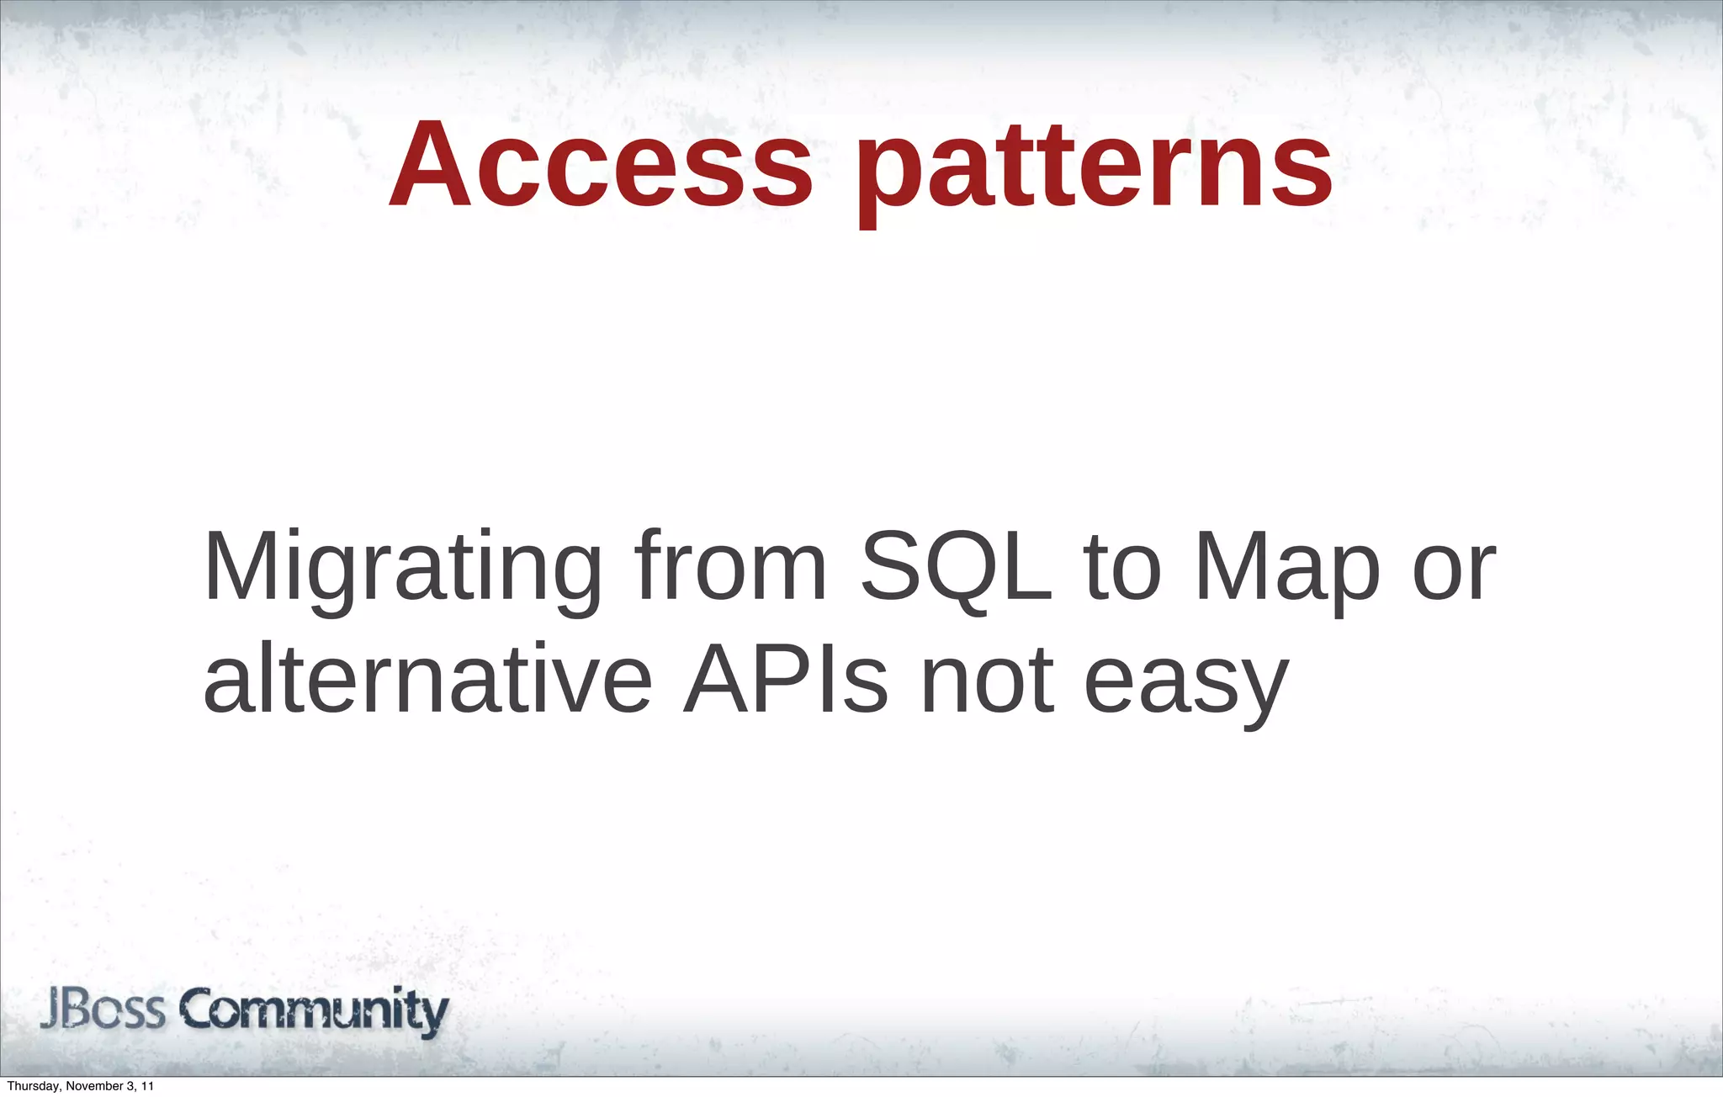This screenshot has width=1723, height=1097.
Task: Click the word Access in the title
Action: click(601, 165)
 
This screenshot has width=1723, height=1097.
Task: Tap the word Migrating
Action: click(403, 569)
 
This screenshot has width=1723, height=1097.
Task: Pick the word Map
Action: click(1288, 569)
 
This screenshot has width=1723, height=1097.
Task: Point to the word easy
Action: click(1186, 683)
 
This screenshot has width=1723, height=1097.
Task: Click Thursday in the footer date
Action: click(32, 1087)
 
